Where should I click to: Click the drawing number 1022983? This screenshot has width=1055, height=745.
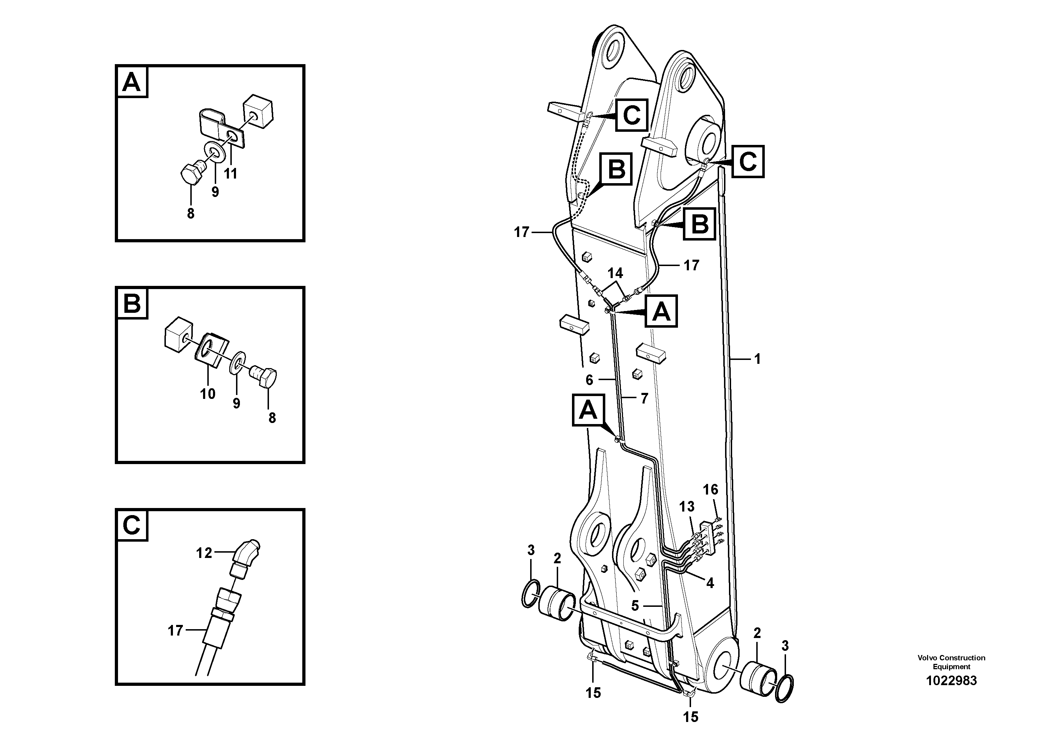(x=951, y=680)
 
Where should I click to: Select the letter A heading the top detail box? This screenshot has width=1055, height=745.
(x=132, y=82)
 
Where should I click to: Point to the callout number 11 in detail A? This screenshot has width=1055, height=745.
(x=230, y=174)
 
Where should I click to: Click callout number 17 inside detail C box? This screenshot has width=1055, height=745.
(x=175, y=631)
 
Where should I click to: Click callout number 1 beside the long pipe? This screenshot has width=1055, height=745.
(x=757, y=359)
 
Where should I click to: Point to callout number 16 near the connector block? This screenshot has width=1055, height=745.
(x=711, y=490)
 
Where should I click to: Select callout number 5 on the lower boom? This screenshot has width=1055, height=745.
(x=635, y=606)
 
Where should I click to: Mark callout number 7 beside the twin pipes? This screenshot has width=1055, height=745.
(x=644, y=399)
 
